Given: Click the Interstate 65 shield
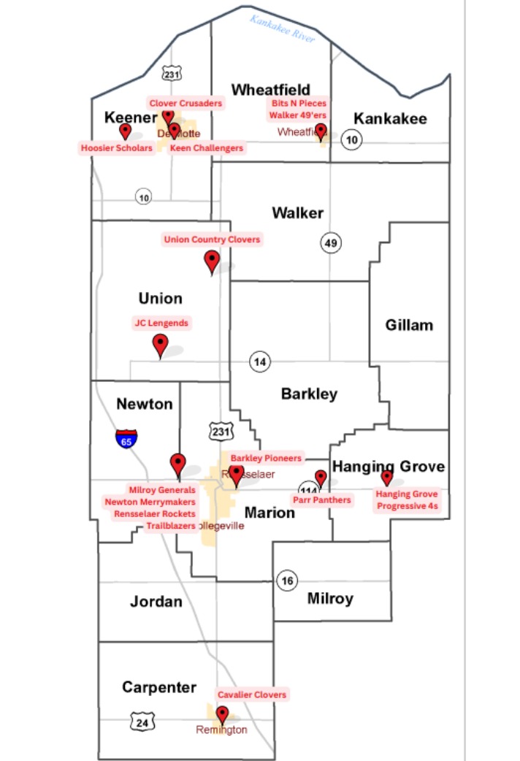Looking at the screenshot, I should [x=126, y=438].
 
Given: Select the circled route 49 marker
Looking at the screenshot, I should [x=332, y=243].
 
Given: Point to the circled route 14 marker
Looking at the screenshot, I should [x=260, y=361].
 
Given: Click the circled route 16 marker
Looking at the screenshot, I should [x=287, y=581].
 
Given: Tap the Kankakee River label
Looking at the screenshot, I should [x=282, y=27].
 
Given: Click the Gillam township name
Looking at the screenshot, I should [x=409, y=325].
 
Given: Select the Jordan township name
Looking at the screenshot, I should [x=156, y=602].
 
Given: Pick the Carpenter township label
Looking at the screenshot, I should [x=159, y=687].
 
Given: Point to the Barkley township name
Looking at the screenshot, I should [x=309, y=394].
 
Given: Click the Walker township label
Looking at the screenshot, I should [x=297, y=213].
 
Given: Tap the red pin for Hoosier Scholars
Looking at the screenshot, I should [x=125, y=131].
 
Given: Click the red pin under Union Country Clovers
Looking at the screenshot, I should [x=212, y=260].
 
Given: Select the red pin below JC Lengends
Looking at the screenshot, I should [x=160, y=344].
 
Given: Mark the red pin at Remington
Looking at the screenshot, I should [x=222, y=715].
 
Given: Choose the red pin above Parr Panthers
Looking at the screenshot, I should [x=321, y=478].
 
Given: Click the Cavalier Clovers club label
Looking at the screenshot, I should [x=252, y=694].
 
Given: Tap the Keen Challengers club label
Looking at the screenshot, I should [x=206, y=148].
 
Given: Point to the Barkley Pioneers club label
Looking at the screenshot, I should [x=266, y=458].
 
